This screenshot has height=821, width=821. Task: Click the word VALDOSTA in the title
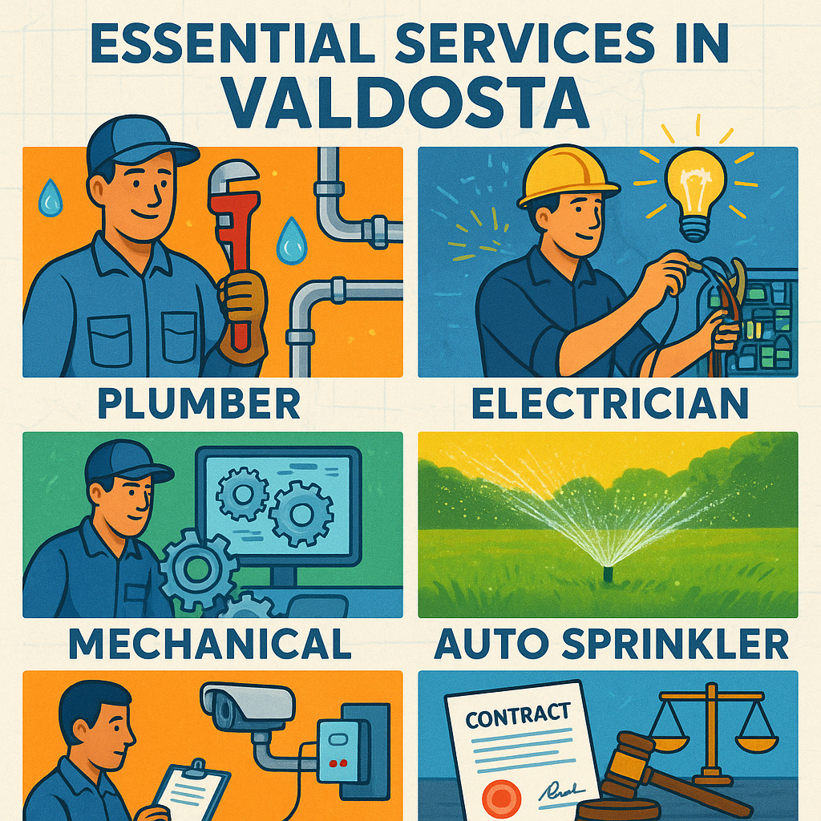click(x=407, y=103)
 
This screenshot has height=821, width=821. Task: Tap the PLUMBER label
click(x=199, y=403)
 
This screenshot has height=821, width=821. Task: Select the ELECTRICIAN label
click(x=609, y=403)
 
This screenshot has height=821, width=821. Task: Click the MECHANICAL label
click(x=209, y=643)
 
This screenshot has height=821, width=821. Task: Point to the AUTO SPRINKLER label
click(x=611, y=643)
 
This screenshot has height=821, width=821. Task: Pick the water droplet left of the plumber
click(x=51, y=198)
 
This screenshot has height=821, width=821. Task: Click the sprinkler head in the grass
click(x=608, y=572)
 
